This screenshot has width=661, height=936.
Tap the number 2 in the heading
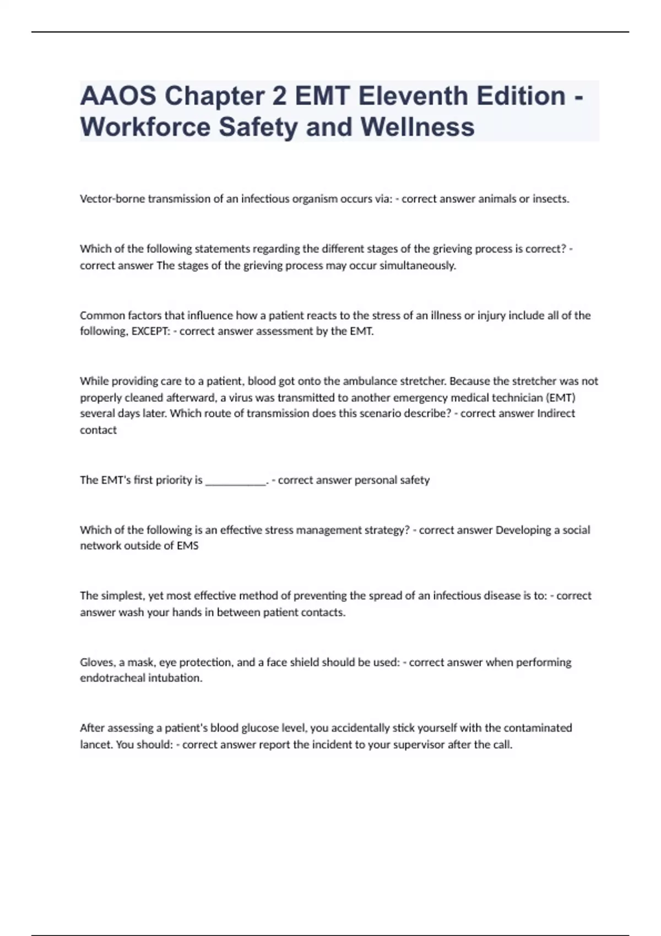pos(279,96)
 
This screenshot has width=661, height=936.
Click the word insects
pos(550,199)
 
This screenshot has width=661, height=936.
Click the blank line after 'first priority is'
pos(235,480)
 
